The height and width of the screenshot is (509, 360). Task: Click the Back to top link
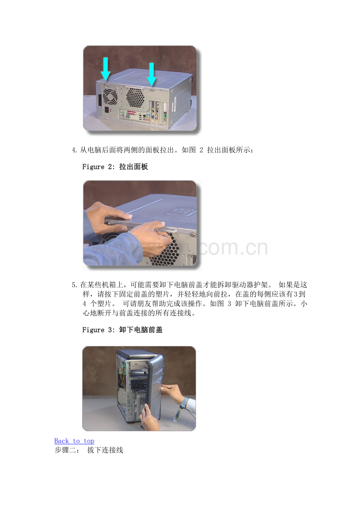[x=74, y=441]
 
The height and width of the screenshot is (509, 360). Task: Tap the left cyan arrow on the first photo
[x=105, y=69]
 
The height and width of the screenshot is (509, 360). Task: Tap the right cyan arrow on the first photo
[x=151, y=75]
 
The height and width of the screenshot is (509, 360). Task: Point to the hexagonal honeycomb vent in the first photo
[x=135, y=97]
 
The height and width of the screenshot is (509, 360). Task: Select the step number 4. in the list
[x=75, y=150]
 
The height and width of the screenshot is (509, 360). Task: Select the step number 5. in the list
[x=75, y=285]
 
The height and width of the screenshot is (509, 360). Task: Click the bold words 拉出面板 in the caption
[x=133, y=167]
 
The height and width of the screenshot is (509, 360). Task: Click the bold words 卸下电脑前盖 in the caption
[x=141, y=330]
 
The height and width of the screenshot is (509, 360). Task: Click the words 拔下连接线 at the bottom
[x=105, y=450]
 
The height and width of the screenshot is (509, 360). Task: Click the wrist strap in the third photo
[x=181, y=409]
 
